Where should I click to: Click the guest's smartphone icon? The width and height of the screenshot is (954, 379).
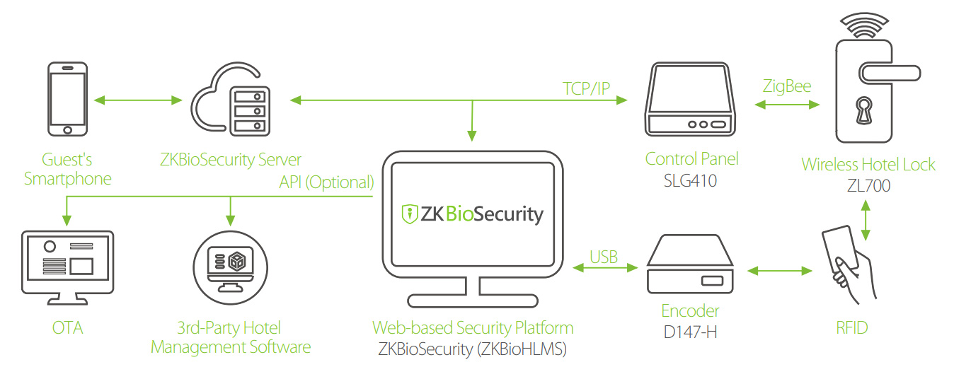coord(68,99)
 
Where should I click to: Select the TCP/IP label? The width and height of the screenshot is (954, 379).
coord(586,88)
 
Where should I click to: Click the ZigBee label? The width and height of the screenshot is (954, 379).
coord(786,86)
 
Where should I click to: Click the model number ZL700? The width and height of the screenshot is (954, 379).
coord(868,186)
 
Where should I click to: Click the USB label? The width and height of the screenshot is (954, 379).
coord(604,256)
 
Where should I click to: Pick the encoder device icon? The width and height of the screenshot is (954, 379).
coord(690,266)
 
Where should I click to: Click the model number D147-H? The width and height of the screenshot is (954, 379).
coord(690,331)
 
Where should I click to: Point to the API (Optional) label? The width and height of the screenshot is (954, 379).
coord(326,182)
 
